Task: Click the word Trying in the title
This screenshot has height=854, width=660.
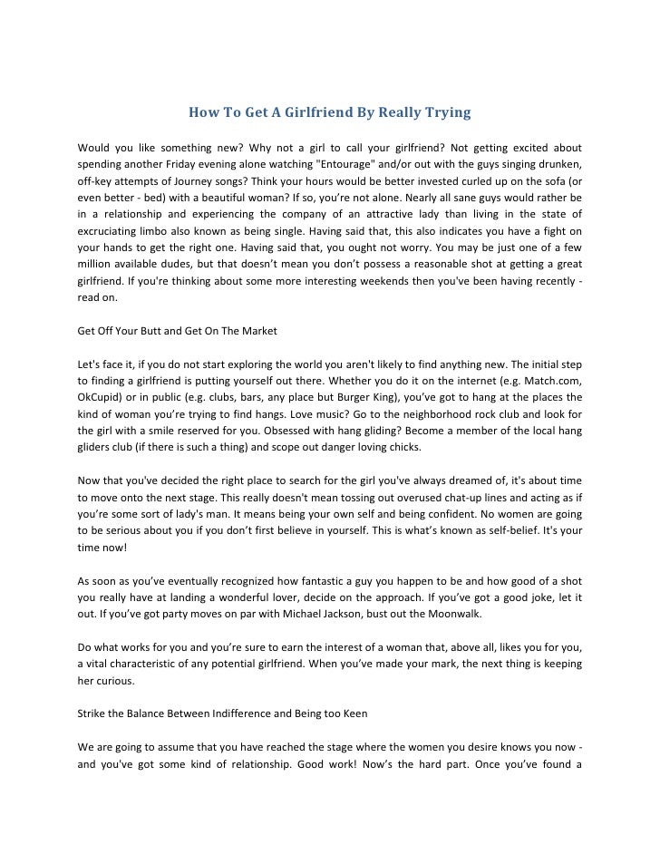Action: point(446,113)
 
